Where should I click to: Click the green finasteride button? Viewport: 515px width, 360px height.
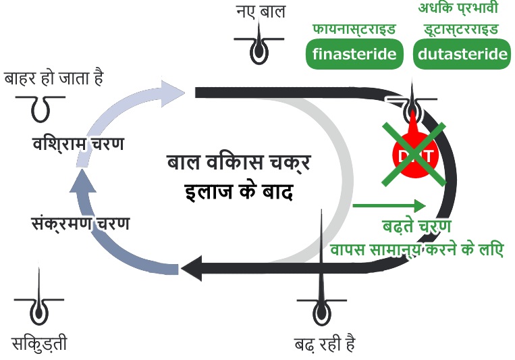pos(355,55)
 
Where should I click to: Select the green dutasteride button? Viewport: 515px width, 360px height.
pos(462,55)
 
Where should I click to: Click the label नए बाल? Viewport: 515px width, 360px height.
pos(261,11)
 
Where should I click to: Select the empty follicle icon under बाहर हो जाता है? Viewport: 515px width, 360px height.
pos(41,104)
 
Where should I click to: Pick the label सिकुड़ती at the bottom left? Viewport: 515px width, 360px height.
pos(40,344)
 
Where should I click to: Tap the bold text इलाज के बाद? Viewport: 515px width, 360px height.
pos(238,191)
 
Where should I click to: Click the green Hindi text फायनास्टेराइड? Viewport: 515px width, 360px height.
pos(354,30)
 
